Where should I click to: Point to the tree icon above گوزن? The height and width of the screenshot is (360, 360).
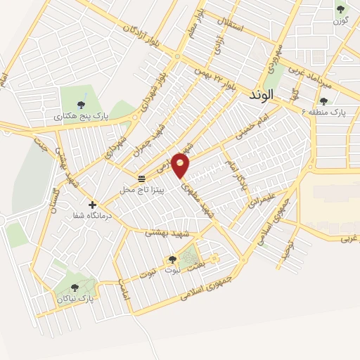coord(341,9)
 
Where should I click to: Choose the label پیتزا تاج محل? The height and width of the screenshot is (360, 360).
coord(142,190)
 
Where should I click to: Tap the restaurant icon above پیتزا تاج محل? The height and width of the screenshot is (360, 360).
coord(142,179)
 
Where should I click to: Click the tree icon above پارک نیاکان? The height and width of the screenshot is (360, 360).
coord(75,287)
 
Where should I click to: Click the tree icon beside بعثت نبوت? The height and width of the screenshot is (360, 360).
coord(172,260)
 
